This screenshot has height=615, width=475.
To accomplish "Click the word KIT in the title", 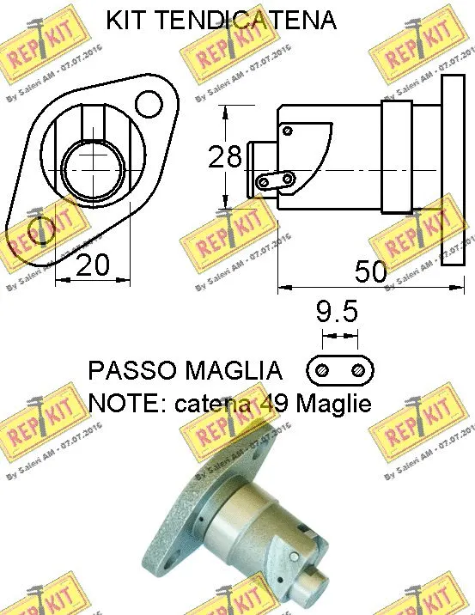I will pos(127,21).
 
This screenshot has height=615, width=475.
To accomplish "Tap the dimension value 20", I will pos(93,265).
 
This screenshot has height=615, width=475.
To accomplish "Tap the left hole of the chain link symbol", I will pos(322,370).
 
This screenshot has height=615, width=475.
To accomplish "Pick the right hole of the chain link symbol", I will pos(357,370).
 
